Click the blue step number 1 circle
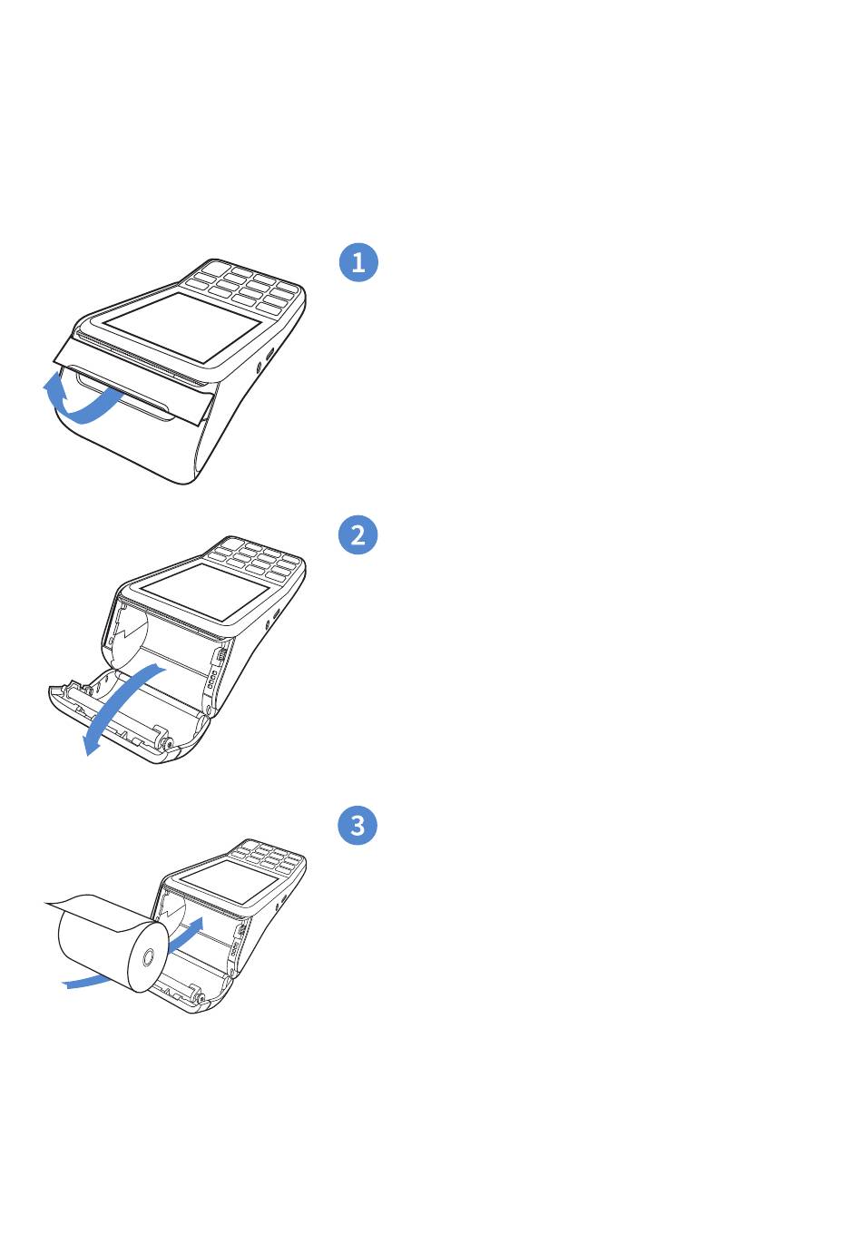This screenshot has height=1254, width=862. (x=358, y=262)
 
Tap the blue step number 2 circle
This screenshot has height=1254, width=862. (x=358, y=534)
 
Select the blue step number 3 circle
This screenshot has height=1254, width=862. (x=358, y=825)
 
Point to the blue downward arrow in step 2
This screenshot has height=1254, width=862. (x=121, y=702)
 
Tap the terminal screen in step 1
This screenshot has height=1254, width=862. (x=181, y=328)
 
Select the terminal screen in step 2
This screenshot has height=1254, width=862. (x=204, y=592)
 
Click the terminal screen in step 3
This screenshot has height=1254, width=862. (x=229, y=881)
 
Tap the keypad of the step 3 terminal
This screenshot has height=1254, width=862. (x=269, y=857)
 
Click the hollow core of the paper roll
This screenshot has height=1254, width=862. (x=148, y=957)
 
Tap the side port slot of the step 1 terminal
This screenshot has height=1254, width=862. (x=269, y=355)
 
